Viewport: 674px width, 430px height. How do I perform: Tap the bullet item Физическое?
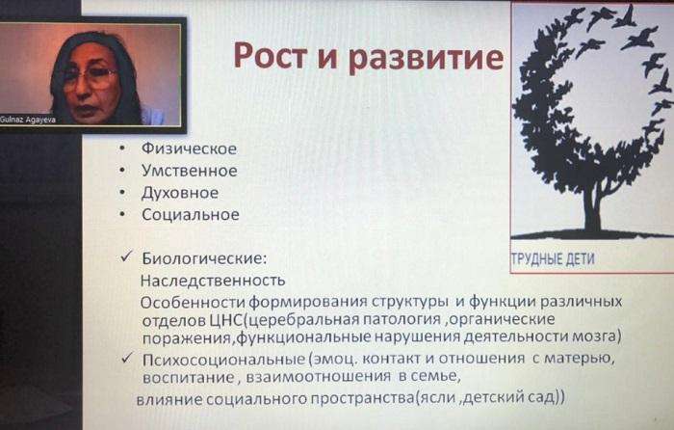pyautogui.click(x=189, y=148)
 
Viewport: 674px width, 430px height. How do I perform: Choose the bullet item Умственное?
pyautogui.click(x=189, y=171)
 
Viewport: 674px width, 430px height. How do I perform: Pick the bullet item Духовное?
pyautogui.click(x=180, y=193)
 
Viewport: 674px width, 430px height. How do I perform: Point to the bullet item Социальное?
pyautogui.click(x=191, y=214)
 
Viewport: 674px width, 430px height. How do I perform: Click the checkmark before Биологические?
pyautogui.click(x=126, y=257)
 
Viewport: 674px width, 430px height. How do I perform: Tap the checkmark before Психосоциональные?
pyautogui.click(x=126, y=358)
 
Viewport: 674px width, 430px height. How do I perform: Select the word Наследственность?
pyautogui.click(x=213, y=281)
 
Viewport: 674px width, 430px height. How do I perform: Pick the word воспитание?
pyautogui.click(x=189, y=378)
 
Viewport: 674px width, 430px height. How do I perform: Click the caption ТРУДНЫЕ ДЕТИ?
pyautogui.click(x=554, y=259)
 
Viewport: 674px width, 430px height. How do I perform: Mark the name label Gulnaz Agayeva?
pyautogui.click(x=28, y=120)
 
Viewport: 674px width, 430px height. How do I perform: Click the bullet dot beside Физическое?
pyautogui.click(x=122, y=148)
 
